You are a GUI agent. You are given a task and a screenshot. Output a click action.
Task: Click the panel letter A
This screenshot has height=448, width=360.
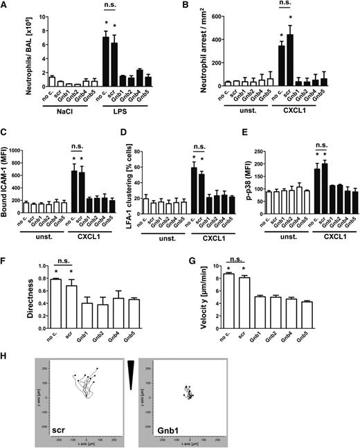coord(5,6)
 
